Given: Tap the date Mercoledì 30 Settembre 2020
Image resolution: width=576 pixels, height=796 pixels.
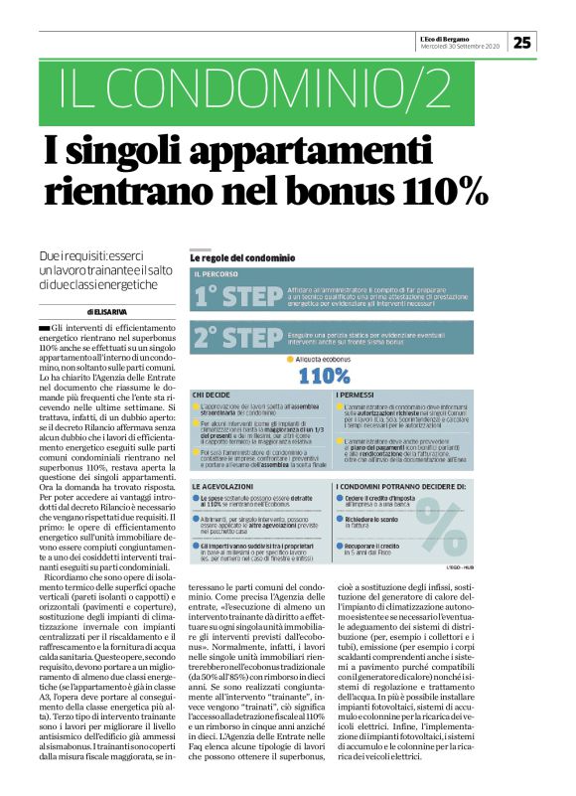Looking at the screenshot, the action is tap(458, 46).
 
